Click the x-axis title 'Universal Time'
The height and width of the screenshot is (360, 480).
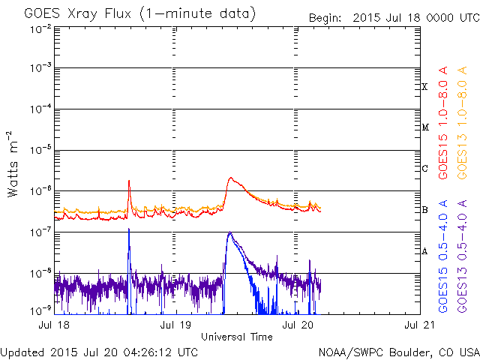click(236, 337)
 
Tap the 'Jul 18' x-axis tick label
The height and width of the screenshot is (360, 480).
click(53, 325)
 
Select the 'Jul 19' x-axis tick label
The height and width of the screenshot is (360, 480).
click(175, 325)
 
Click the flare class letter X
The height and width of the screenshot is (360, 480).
click(425, 87)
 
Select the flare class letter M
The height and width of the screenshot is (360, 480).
click(425, 127)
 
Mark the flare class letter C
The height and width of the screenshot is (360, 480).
click(425, 168)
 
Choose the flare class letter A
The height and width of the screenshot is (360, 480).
click(425, 250)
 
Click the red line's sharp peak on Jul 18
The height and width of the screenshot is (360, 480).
click(129, 181)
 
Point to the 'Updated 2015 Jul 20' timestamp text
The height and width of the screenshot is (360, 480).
click(100, 352)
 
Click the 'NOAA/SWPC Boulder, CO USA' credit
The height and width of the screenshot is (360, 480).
click(398, 352)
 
